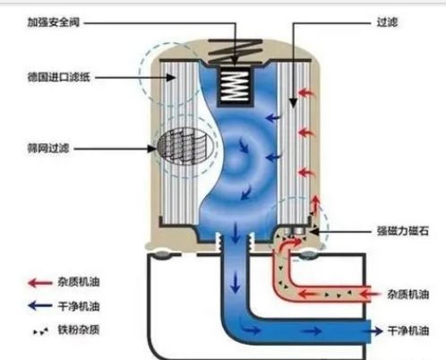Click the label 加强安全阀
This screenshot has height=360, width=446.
[54, 22]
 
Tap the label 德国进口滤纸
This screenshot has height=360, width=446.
[58, 77]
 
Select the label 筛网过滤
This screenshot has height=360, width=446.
[48, 148]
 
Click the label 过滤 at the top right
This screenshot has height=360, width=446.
[387, 22]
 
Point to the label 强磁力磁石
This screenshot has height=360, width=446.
[403, 231]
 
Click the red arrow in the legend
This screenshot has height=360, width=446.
[39, 282]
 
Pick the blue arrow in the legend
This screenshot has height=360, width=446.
[39, 305]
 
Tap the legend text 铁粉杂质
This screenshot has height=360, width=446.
[79, 330]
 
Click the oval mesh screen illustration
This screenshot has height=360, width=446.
[186, 147]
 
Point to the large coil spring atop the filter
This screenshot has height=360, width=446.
[236, 51]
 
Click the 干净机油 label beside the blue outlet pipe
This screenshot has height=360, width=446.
[408, 330]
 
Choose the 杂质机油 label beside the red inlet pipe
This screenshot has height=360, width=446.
[408, 295]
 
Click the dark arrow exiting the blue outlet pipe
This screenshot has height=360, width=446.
[376, 330]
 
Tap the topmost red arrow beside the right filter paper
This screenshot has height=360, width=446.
[306, 93]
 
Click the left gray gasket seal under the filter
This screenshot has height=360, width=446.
[161, 254]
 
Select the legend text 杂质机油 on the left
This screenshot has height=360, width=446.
[79, 282]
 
